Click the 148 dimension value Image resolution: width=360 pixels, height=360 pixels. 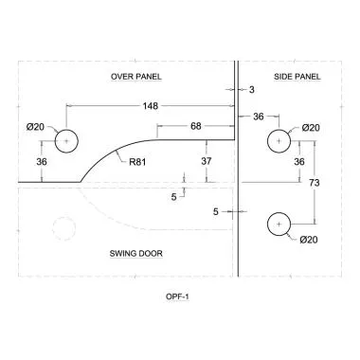coord(149,105)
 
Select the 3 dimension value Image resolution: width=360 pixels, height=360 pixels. coord(251,89)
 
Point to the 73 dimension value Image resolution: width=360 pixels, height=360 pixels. coord(315,181)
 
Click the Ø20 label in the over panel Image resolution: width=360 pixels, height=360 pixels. coord(34,126)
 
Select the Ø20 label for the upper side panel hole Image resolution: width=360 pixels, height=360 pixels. coord(310,127)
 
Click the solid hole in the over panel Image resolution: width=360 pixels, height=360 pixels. coord(66,141)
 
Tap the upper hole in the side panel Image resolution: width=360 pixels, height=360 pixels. coord(278,140)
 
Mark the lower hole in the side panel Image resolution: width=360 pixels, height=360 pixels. coord(278,224)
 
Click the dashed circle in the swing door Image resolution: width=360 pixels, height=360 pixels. coord(64,227)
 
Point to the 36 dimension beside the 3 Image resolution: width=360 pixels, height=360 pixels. coord(257,116)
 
